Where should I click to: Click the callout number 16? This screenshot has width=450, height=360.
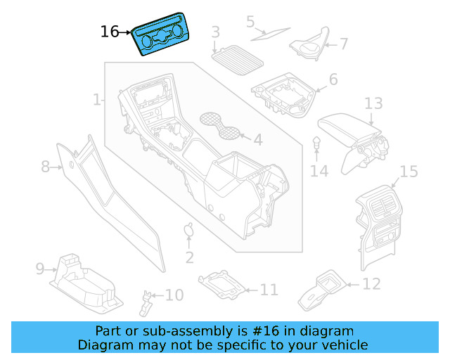(110, 32)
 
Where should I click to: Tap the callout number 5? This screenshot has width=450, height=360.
(250, 22)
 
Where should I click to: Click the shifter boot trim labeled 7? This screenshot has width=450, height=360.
(309, 44)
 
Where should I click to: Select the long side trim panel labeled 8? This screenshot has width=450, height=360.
(105, 190)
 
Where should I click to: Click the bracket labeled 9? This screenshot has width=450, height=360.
(84, 281)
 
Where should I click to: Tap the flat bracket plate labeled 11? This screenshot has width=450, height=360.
(223, 284)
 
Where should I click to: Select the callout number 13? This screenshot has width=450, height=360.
(373, 104)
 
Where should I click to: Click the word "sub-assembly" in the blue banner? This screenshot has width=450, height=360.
(191, 330)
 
